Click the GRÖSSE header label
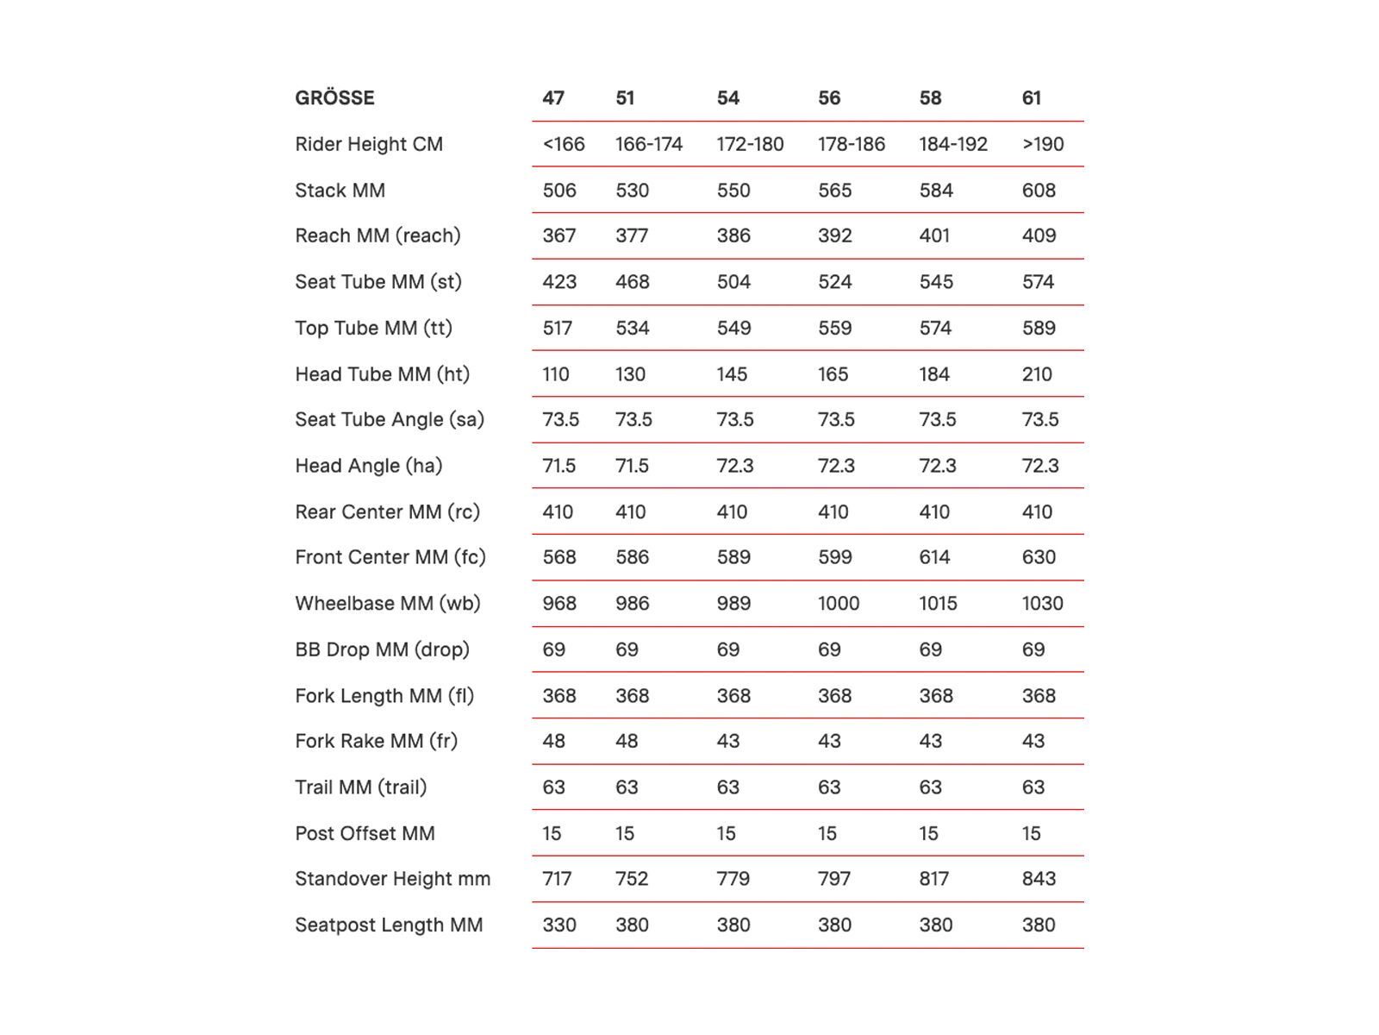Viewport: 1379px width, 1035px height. pyautogui.click(x=334, y=98)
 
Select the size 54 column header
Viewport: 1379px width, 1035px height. pyautogui.click(x=728, y=98)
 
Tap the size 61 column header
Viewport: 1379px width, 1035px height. pyautogui.click(x=1032, y=98)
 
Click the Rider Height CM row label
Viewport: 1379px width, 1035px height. pyautogui.click(x=369, y=144)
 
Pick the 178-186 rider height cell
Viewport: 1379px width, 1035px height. pyautogui.click(x=852, y=144)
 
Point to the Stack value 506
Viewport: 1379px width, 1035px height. pyautogui.click(x=559, y=191)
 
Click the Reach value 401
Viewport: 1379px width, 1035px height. pyautogui.click(x=934, y=235)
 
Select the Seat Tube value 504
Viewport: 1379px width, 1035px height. pyautogui.click(x=733, y=282)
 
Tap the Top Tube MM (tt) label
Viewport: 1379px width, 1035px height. pyautogui.click(x=373, y=328)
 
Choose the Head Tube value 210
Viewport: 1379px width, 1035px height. pyautogui.click(x=1037, y=374)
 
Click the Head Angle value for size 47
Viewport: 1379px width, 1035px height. pyautogui.click(x=559, y=466)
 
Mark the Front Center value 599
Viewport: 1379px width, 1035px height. pyautogui.click(x=835, y=557)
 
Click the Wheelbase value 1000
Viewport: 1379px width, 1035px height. pyautogui.click(x=839, y=604)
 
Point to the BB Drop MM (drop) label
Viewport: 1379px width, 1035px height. pyautogui.click(x=382, y=649)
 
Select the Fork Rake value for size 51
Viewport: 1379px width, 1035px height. pyautogui.click(x=627, y=741)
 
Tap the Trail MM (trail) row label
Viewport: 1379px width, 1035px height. pyautogui.click(x=360, y=787)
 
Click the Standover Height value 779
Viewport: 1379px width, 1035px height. pyautogui.click(x=733, y=879)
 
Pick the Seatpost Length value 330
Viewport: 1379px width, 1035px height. pyautogui.click(x=559, y=925)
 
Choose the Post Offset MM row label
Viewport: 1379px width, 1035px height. pyautogui.click(x=365, y=833)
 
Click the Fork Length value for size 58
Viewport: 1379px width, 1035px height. pyautogui.click(x=936, y=695)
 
